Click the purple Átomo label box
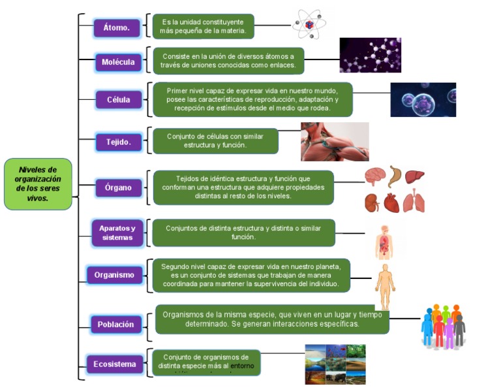click(116, 27)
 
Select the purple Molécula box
click(118, 62)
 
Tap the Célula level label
click(118, 100)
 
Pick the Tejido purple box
click(118, 141)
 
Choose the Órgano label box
click(118, 187)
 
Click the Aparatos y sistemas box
click(117, 233)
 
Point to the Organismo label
click(114, 275)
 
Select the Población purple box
click(115, 324)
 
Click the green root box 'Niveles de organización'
click(38, 184)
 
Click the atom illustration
click(308, 24)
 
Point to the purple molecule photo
click(370, 55)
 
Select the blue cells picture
click(423, 99)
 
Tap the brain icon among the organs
click(374, 176)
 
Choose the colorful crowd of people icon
click(443, 325)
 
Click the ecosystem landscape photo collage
click(335, 364)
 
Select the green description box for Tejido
click(215, 140)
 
